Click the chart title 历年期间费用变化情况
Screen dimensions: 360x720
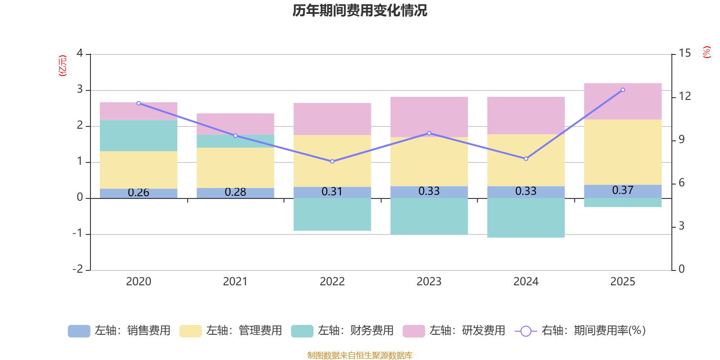(360, 10)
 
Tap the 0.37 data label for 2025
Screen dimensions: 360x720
(623, 190)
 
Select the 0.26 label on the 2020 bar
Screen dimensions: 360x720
(139, 193)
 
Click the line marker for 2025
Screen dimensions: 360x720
(623, 90)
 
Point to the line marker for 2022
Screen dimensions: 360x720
(332, 162)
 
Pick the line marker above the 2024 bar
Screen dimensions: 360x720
(526, 159)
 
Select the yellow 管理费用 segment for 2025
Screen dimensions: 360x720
(623, 152)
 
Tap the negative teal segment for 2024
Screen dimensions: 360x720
(526, 218)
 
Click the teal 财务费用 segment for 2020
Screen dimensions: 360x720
(139, 135)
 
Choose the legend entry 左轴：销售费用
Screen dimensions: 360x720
(120, 331)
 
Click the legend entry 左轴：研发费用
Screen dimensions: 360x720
(454, 331)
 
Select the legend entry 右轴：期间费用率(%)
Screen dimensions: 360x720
(580, 331)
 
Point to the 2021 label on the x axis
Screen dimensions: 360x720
(235, 282)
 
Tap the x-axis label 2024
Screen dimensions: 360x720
(526, 282)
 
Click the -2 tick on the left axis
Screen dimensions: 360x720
(78, 269)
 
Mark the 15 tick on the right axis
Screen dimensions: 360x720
(684, 54)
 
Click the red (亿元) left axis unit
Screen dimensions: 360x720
(63, 66)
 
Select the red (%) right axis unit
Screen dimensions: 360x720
(707, 52)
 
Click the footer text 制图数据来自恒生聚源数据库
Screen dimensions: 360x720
(360, 355)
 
